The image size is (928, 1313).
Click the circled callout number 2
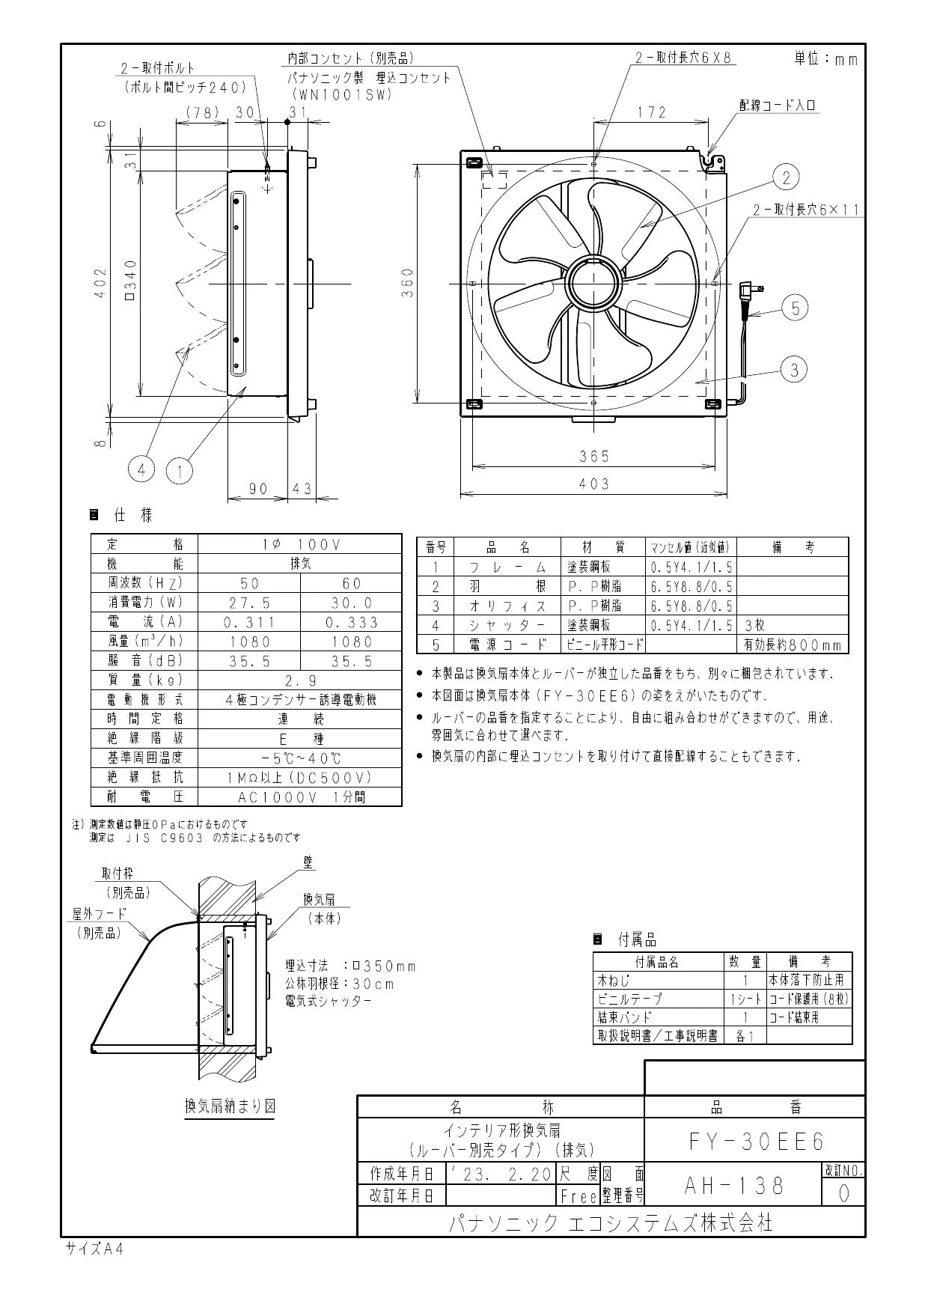[x=786, y=177]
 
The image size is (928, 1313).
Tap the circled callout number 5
[x=796, y=308]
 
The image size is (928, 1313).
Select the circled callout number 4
[x=141, y=469]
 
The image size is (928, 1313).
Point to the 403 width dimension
[x=594, y=484]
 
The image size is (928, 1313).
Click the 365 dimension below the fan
[x=594, y=456]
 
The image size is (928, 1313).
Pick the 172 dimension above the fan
[x=652, y=112]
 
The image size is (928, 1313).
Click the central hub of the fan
[x=594, y=284]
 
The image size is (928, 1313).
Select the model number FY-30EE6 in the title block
[x=755, y=1141]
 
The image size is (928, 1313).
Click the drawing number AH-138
[x=734, y=1185]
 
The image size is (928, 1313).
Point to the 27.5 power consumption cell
[x=250, y=603]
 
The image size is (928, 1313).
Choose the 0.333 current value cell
[x=352, y=622]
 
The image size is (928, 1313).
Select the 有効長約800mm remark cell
[x=793, y=645]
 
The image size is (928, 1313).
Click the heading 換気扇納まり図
[x=230, y=1106]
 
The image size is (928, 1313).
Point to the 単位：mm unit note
[x=825, y=59]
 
